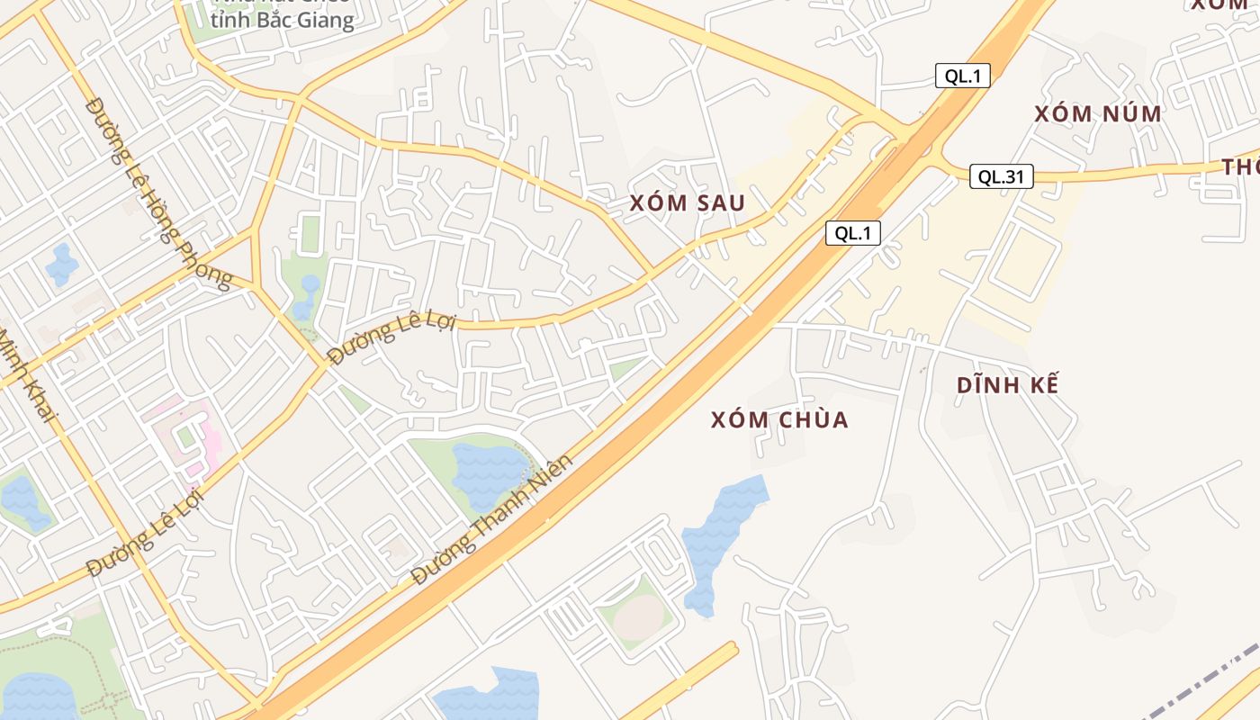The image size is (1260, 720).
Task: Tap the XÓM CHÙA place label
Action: [779, 420]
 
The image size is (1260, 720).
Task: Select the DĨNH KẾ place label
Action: [1007, 385]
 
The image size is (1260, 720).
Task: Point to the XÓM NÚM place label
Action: [1097, 114]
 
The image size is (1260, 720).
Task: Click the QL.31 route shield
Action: [1001, 177]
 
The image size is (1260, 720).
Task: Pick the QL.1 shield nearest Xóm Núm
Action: [962, 76]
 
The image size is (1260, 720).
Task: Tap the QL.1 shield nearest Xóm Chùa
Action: [852, 233]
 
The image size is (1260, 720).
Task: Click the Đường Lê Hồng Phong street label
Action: [157, 193]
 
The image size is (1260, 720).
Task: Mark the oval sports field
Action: [640, 617]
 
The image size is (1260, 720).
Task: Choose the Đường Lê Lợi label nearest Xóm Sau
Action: [392, 337]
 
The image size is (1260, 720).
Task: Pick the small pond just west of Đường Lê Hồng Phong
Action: [62, 263]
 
